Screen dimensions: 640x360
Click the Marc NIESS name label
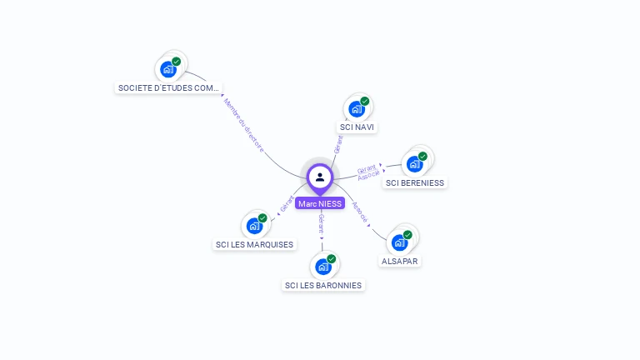coord(319,203)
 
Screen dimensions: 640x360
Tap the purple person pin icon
coord(319,177)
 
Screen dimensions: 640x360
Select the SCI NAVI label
coord(357,127)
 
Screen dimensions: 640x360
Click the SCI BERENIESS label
coord(415,182)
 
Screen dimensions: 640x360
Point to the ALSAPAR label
coord(400,261)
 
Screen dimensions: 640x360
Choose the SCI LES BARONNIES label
coord(323,285)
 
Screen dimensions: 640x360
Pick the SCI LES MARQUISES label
coord(254,244)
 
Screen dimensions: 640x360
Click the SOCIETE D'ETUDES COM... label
coord(169,87)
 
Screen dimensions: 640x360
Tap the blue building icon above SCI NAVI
coord(357,109)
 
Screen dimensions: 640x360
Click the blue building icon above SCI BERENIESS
coord(414,163)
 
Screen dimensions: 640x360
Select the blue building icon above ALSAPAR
coord(399,242)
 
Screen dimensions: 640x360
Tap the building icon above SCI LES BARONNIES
coord(322,267)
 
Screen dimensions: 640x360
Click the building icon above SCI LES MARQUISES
coord(253,226)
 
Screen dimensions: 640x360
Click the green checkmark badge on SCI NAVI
coord(365,101)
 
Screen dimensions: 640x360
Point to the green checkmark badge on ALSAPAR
coord(407,234)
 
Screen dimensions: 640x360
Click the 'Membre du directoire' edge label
coord(243,125)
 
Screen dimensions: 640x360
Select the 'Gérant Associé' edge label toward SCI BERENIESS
coord(367,172)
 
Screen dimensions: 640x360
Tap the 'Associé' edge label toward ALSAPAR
coord(360,211)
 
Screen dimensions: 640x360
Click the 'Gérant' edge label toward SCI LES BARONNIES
coord(321,223)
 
